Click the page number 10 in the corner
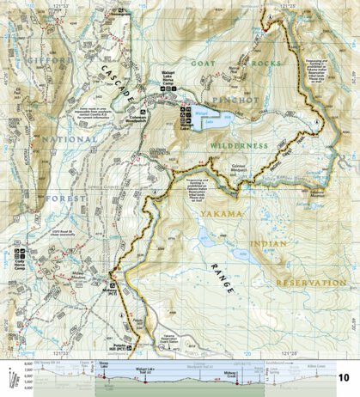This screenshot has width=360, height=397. (x=343, y=377)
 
